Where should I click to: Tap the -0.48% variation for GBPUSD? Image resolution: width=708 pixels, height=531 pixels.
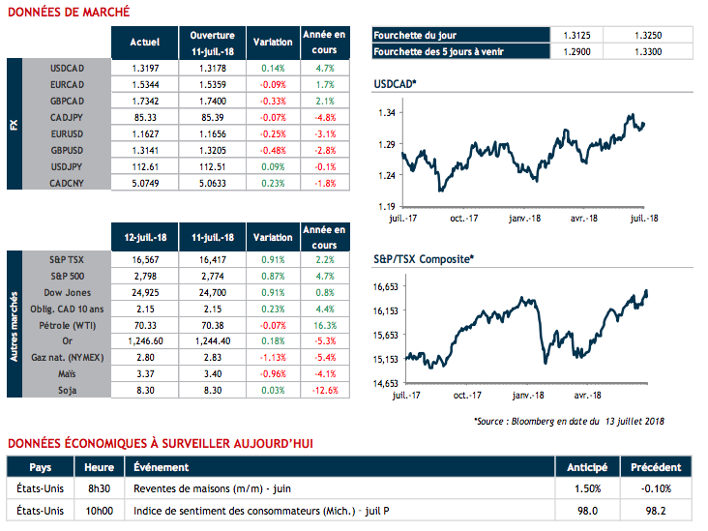[x=273, y=150]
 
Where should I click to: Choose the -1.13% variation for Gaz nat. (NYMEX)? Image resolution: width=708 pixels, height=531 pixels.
[x=273, y=357]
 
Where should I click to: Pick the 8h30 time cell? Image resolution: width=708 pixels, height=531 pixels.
[x=97, y=487]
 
